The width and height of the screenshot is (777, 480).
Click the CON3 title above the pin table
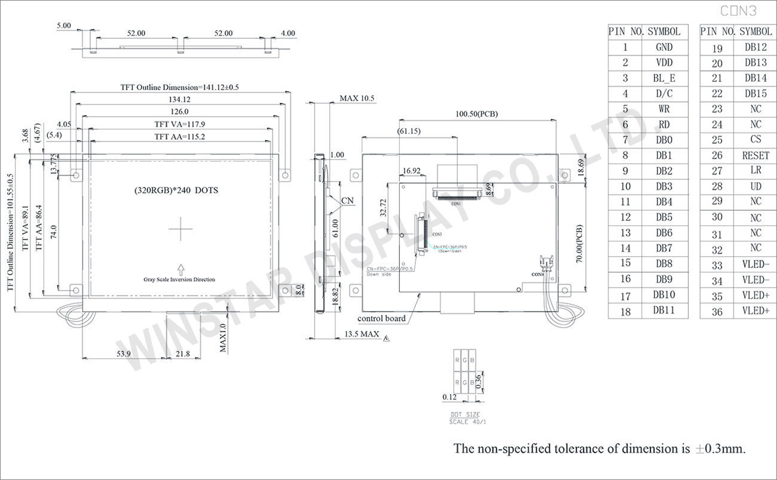coord(739,11)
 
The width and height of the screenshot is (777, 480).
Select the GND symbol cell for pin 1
coord(664,47)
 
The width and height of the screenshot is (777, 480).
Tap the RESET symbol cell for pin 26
coord(755,155)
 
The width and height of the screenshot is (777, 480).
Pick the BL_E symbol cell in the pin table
coord(664,78)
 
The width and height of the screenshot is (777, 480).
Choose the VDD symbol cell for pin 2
coord(664,63)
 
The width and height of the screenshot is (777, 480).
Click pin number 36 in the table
coord(717,311)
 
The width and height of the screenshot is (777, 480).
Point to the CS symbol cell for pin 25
coord(755,140)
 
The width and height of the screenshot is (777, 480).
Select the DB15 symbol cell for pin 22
coord(755,94)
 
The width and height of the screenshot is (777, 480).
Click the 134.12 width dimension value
coord(180,100)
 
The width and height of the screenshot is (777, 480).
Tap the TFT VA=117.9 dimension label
coord(180,124)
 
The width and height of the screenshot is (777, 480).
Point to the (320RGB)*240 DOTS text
coord(176,190)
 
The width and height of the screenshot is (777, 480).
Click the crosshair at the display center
coord(180,229)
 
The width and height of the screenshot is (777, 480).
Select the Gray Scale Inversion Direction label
coord(179,279)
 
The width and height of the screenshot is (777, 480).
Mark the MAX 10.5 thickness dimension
coord(357,99)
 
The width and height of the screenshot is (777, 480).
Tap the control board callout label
coord(381,318)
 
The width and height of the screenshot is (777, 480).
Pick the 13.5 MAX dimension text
coord(362,334)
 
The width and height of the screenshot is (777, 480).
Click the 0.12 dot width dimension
coord(449,397)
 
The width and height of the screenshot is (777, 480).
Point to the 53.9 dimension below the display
coord(124,354)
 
